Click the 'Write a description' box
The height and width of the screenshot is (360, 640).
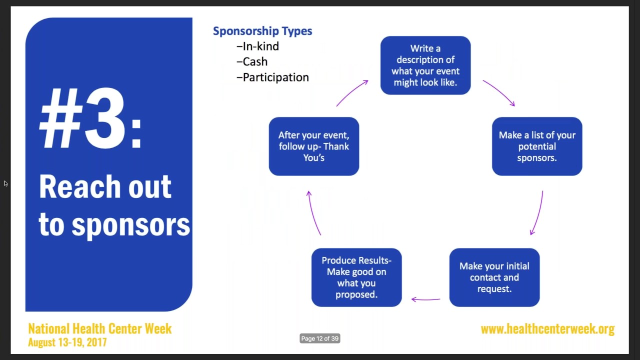(x=425, y=65)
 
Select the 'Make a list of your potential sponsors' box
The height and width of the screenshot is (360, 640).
(x=537, y=146)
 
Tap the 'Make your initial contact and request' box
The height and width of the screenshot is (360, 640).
(x=494, y=277)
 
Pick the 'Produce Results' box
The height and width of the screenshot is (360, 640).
(x=356, y=277)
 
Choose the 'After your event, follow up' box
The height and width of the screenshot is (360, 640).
(x=313, y=146)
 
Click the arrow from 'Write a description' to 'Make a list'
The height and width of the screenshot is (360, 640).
(x=499, y=92)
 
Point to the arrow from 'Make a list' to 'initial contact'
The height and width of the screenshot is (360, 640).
(x=537, y=212)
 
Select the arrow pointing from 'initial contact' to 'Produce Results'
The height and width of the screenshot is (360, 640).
(x=425, y=299)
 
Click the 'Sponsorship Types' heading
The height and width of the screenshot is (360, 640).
(x=262, y=31)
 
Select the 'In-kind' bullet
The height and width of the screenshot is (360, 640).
(x=258, y=46)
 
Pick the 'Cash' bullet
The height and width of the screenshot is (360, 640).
(x=252, y=62)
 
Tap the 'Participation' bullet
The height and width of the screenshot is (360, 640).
(x=273, y=77)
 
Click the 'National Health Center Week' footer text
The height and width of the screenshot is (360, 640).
(x=100, y=328)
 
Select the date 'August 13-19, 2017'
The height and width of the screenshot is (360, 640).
(x=67, y=342)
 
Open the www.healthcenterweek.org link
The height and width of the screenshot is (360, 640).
(x=547, y=329)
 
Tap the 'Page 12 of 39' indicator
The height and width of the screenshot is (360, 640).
(x=320, y=338)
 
